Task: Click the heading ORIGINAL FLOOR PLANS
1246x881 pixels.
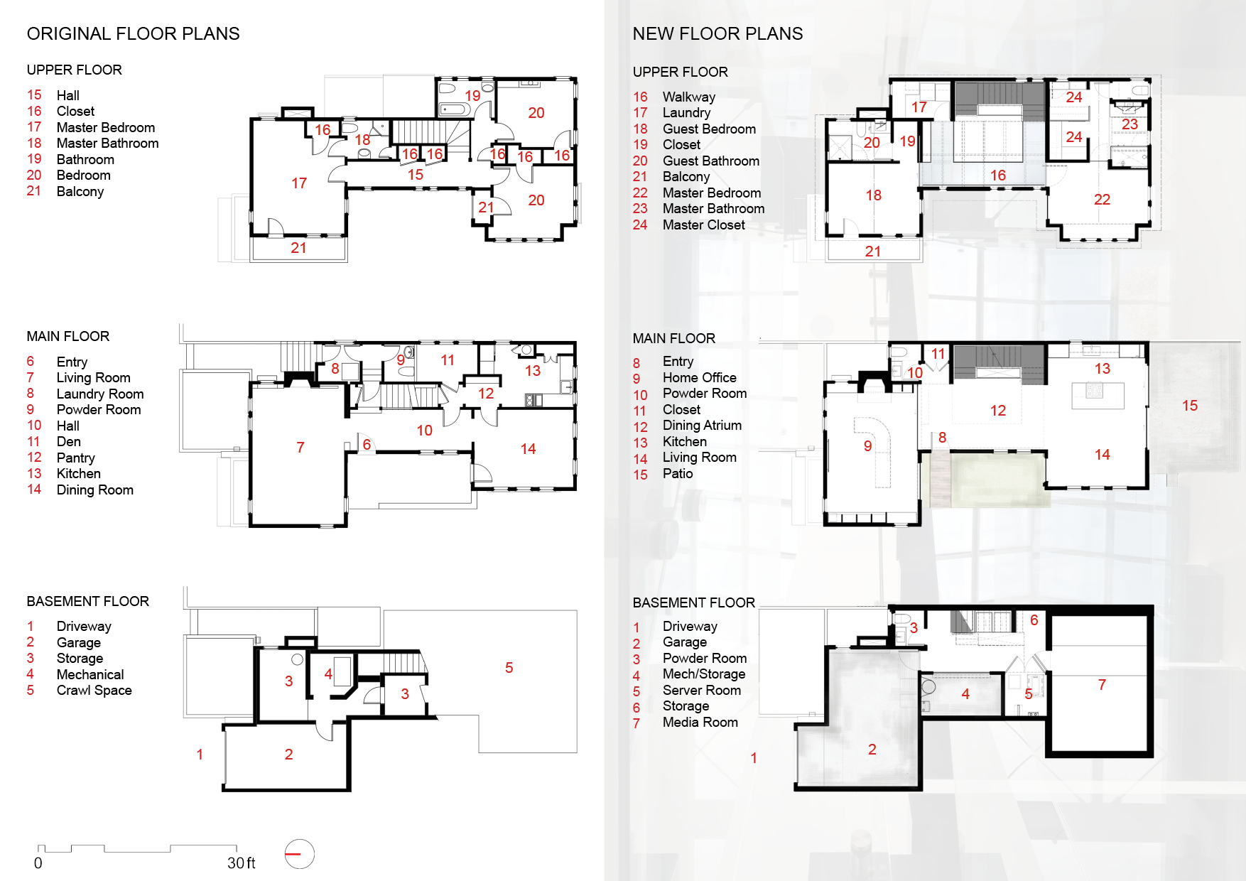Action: pyautogui.click(x=133, y=33)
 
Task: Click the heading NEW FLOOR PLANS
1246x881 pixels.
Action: pyautogui.click(x=717, y=33)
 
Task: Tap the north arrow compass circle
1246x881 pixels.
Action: pyautogui.click(x=299, y=854)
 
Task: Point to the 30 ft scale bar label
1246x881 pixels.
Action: pyautogui.click(x=241, y=863)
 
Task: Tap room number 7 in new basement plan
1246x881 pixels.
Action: pyautogui.click(x=1102, y=684)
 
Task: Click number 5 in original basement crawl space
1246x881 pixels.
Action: pyautogui.click(x=509, y=667)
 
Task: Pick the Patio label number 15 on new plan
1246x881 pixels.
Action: pyautogui.click(x=1190, y=405)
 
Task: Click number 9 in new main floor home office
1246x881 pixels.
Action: pyautogui.click(x=867, y=445)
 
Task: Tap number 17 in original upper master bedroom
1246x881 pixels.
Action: pyautogui.click(x=299, y=183)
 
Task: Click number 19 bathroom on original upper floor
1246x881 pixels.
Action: pyautogui.click(x=472, y=95)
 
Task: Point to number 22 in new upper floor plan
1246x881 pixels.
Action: pyautogui.click(x=1102, y=200)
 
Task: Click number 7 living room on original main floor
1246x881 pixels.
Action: pyautogui.click(x=300, y=447)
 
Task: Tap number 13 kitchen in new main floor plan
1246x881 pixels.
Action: pyautogui.click(x=1102, y=368)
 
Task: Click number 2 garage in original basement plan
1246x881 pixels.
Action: pyautogui.click(x=288, y=754)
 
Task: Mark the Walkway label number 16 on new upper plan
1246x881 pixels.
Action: pyautogui.click(x=997, y=175)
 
